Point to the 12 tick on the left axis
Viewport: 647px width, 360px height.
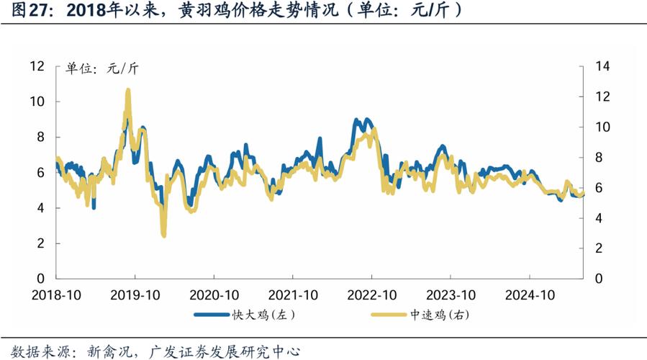[38, 66]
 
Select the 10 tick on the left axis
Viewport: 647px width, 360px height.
[38, 102]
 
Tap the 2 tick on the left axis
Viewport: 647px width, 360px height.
[41, 243]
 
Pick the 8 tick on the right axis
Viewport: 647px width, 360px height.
[600, 157]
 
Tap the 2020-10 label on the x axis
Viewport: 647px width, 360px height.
[214, 295]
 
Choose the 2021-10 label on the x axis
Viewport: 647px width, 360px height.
[293, 295]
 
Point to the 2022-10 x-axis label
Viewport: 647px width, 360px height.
[372, 295]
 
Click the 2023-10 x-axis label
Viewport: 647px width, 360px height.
[451, 295]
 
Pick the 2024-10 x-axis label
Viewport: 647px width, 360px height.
[530, 295]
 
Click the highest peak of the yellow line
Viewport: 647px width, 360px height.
[128, 91]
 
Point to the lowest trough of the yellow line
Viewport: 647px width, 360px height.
[164, 235]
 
